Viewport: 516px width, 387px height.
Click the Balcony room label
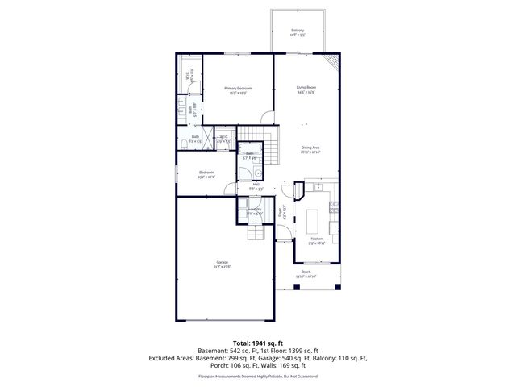click(x=298, y=31)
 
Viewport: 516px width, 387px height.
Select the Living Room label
click(x=306, y=88)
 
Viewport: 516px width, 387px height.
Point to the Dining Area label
click(x=310, y=148)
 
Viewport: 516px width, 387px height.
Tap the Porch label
click(x=306, y=273)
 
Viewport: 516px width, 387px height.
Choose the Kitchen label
click(x=317, y=239)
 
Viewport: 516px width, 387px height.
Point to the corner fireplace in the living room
click(x=331, y=63)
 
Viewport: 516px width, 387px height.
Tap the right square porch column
click(x=339, y=286)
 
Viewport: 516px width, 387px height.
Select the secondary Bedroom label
click(x=207, y=173)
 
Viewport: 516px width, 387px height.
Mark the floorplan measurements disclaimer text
click(x=258, y=376)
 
